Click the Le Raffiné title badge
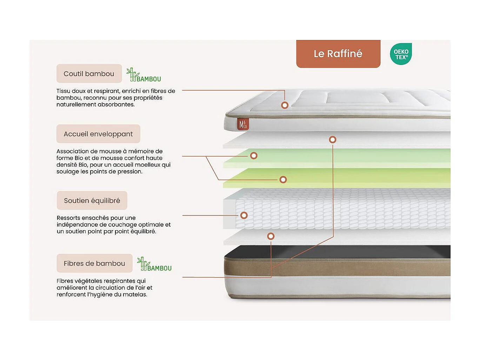point(338,54)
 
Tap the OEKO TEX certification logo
point(401,54)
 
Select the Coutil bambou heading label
point(89,74)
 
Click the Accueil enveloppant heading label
point(98,134)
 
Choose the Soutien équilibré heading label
point(92,201)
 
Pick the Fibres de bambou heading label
point(94,264)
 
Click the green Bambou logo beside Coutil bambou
point(144,75)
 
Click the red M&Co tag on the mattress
point(243,124)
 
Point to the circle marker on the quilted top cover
point(285,105)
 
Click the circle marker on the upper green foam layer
point(254,155)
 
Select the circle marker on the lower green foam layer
point(283,180)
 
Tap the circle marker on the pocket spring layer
point(244,215)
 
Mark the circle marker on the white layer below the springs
point(271,236)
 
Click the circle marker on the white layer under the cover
point(333,140)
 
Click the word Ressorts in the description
point(68,218)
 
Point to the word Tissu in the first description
point(63,91)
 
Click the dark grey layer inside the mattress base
point(337,252)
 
